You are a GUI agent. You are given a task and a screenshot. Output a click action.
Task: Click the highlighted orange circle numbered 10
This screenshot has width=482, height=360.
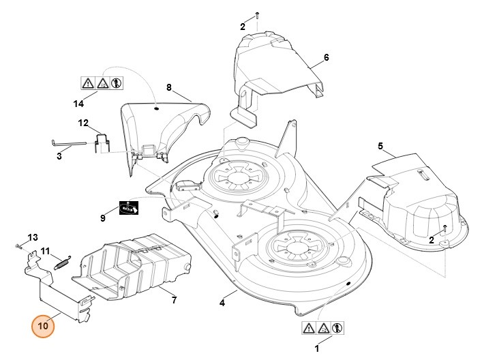tap(42, 326)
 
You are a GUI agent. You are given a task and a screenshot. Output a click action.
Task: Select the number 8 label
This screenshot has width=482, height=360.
tap(169, 88)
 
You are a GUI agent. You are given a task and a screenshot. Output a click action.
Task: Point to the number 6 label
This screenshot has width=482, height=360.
tap(326, 57)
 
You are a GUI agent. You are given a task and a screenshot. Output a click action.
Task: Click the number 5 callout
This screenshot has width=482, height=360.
tap(380, 145)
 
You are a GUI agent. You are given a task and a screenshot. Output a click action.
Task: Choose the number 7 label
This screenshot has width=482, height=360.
tap(174, 300)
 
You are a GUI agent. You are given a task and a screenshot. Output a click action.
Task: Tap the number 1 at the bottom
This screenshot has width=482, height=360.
tap(316, 348)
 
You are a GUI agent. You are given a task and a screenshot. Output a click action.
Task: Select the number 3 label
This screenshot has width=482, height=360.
tap(59, 156)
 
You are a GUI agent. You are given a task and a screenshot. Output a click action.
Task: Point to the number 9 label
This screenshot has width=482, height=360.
tap(103, 218)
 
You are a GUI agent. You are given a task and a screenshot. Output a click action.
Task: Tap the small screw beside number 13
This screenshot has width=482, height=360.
tap(16, 243)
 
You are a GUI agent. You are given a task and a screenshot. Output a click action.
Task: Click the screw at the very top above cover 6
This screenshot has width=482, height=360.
tap(256, 14)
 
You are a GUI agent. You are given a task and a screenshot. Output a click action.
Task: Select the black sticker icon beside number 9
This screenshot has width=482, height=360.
tap(129, 208)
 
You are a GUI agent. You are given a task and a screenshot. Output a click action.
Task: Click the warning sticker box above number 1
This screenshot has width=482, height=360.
tap(322, 328)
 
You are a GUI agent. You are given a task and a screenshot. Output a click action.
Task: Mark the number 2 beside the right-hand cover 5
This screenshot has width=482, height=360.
tap(431, 239)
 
